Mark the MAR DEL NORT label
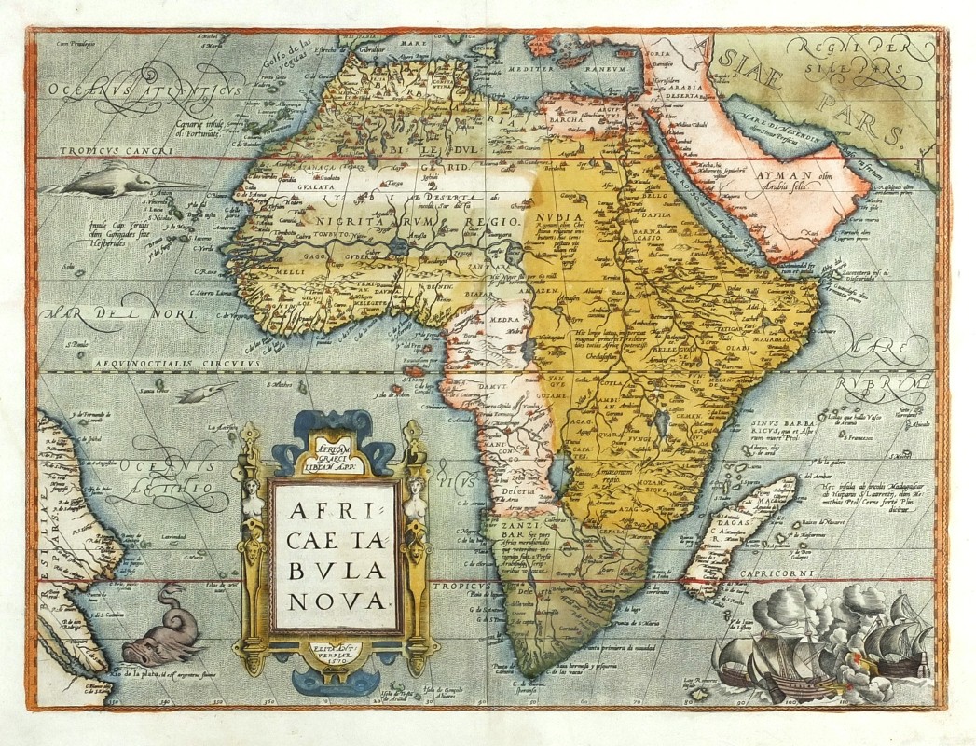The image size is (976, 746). point(121,315)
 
